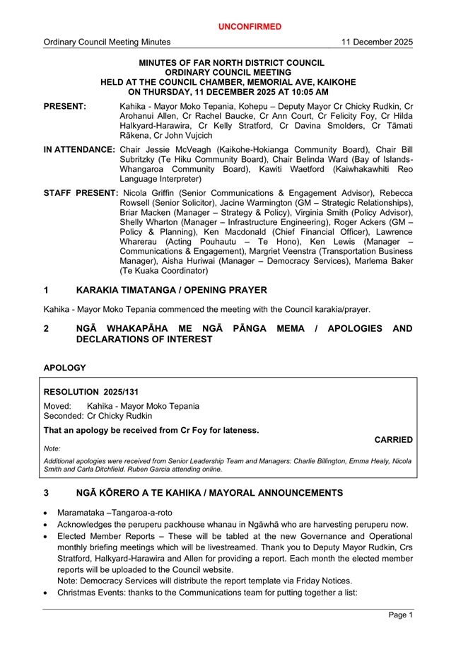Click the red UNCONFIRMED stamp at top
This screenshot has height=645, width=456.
pos(250,27)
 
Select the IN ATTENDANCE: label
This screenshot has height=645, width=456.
pos(79,150)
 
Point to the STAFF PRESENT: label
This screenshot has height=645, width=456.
pos(81,193)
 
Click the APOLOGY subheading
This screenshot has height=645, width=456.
pos(64,368)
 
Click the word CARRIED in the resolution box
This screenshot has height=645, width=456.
pos(393,440)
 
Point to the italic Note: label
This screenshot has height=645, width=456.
pos(52,448)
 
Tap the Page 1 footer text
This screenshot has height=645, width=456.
pos(401,615)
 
